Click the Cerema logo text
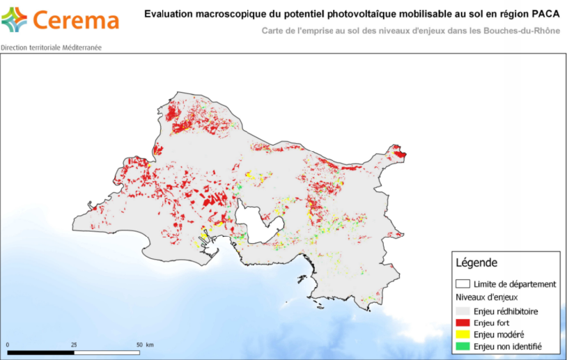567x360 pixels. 76,20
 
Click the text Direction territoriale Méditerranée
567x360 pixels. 50,49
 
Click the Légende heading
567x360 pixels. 476,263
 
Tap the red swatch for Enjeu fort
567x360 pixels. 462,322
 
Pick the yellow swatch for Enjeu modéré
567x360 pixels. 462,334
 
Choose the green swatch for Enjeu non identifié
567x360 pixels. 462,346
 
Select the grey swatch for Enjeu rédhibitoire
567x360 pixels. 462,311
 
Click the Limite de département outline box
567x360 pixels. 462,284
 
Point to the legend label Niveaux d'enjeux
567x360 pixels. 487,297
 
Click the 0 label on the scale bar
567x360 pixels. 8,345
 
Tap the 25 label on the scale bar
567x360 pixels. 74,345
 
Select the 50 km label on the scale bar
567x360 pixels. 145,345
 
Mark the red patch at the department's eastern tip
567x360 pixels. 399,152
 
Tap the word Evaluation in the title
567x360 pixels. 166,13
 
